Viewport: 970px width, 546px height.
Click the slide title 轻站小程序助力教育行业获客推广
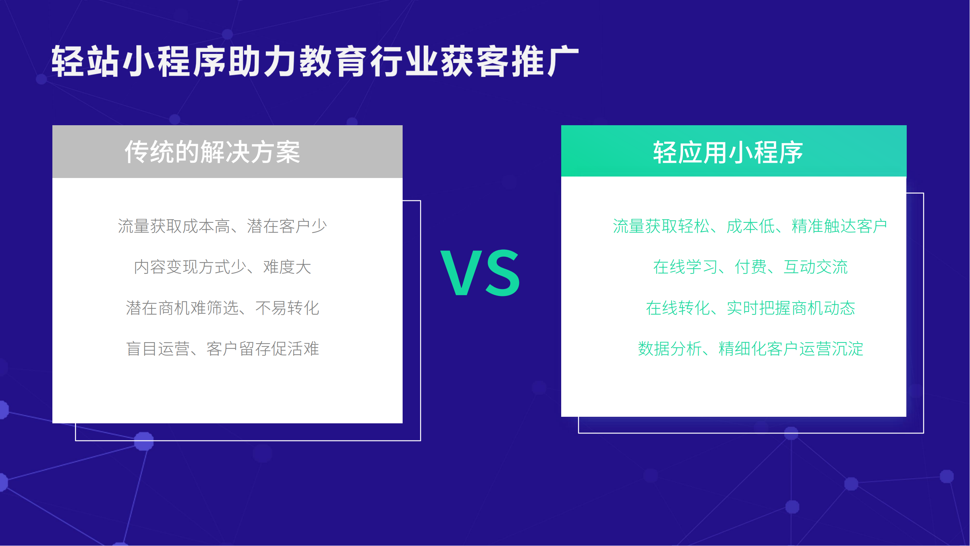pyautogui.click(x=315, y=61)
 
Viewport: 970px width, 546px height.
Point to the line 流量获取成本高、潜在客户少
pyautogui.click(x=223, y=226)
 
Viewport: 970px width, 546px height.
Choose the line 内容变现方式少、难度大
pyautogui.click(x=223, y=267)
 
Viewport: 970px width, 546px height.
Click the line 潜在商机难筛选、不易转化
pyautogui.click(x=223, y=308)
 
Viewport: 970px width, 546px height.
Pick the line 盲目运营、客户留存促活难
pyautogui.click(x=223, y=349)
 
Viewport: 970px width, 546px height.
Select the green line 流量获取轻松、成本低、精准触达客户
pyautogui.click(x=750, y=226)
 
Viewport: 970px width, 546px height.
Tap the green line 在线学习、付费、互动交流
pyautogui.click(x=750, y=267)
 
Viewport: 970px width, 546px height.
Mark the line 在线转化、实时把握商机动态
pyautogui.click(x=750, y=308)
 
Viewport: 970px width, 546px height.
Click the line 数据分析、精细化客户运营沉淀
pyautogui.click(x=750, y=349)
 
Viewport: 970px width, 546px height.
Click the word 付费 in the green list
pyautogui.click(x=750, y=267)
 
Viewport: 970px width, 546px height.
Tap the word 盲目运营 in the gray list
pyautogui.click(x=158, y=349)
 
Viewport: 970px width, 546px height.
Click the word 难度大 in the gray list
pyautogui.click(x=287, y=267)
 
